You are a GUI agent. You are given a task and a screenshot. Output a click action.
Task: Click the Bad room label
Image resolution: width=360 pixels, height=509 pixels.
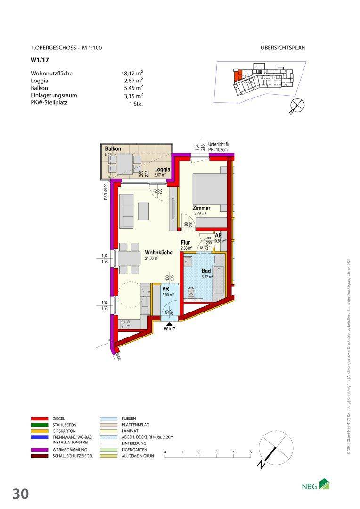tap(206, 271)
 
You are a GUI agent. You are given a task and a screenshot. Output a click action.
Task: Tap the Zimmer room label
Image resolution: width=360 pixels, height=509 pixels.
tap(201, 208)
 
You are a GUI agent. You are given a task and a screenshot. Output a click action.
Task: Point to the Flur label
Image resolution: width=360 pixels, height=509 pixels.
tap(185, 243)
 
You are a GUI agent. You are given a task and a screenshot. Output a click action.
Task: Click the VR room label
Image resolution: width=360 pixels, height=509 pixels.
tap(165, 289)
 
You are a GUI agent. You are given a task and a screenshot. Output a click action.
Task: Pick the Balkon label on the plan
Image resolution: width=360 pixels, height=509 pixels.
tap(113, 149)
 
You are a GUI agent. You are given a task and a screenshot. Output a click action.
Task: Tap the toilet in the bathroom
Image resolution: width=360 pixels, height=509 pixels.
tap(191, 293)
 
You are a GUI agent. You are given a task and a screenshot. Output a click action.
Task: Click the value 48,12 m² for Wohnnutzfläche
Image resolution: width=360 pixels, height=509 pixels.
tap(132, 74)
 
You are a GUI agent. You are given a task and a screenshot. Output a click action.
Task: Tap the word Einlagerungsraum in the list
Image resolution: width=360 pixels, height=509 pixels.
tap(54, 95)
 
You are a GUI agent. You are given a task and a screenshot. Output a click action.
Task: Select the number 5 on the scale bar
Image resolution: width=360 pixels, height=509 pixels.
tap(250, 452)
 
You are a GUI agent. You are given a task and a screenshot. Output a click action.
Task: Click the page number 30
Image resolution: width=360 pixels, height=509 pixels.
tap(21, 493)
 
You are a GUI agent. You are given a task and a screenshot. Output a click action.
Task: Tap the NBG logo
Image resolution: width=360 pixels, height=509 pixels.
tap(316, 485)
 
